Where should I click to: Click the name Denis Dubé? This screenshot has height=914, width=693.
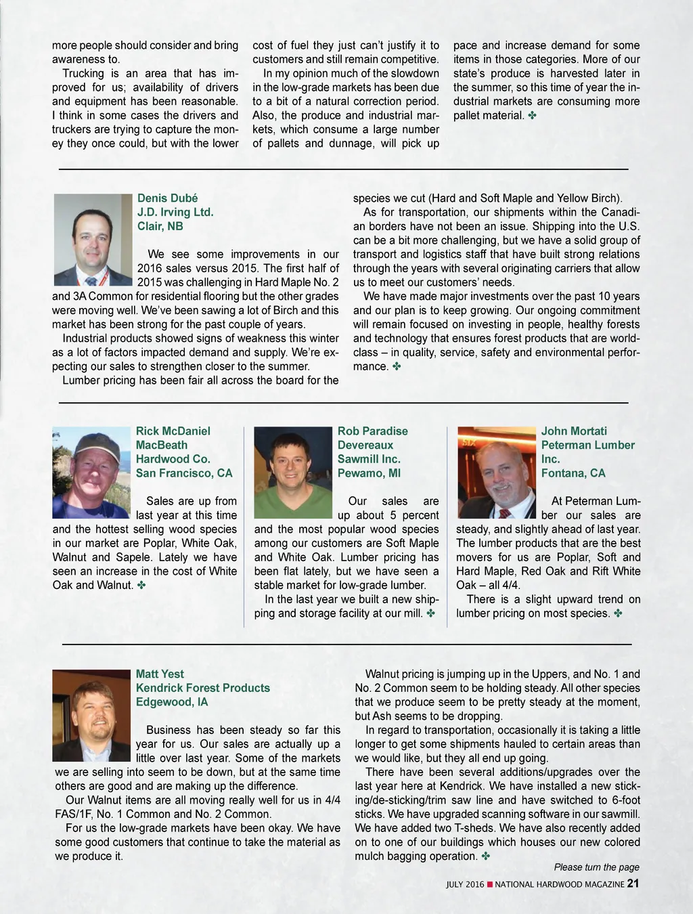pos(167,198)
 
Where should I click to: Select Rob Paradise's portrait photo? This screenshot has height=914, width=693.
pos(293,472)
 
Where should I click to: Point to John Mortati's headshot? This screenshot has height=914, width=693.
pos(497,472)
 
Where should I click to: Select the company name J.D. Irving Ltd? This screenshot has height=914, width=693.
pos(175,212)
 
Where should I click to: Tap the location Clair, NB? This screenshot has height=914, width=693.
pos(160,226)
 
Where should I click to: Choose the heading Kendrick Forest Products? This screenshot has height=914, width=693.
pos(203,688)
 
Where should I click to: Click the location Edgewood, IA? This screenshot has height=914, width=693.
pos(172,702)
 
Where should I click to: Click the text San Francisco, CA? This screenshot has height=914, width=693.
pos(184,473)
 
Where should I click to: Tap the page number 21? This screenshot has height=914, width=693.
pos(633,884)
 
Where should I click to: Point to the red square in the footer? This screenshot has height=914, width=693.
pos(489,884)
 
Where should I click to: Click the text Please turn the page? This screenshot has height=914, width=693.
pos(596,867)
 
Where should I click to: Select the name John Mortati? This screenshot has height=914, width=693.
pos(574,431)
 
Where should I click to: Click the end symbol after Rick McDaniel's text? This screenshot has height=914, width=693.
pos(141,585)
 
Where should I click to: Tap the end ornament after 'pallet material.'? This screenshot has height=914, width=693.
pos(531,116)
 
